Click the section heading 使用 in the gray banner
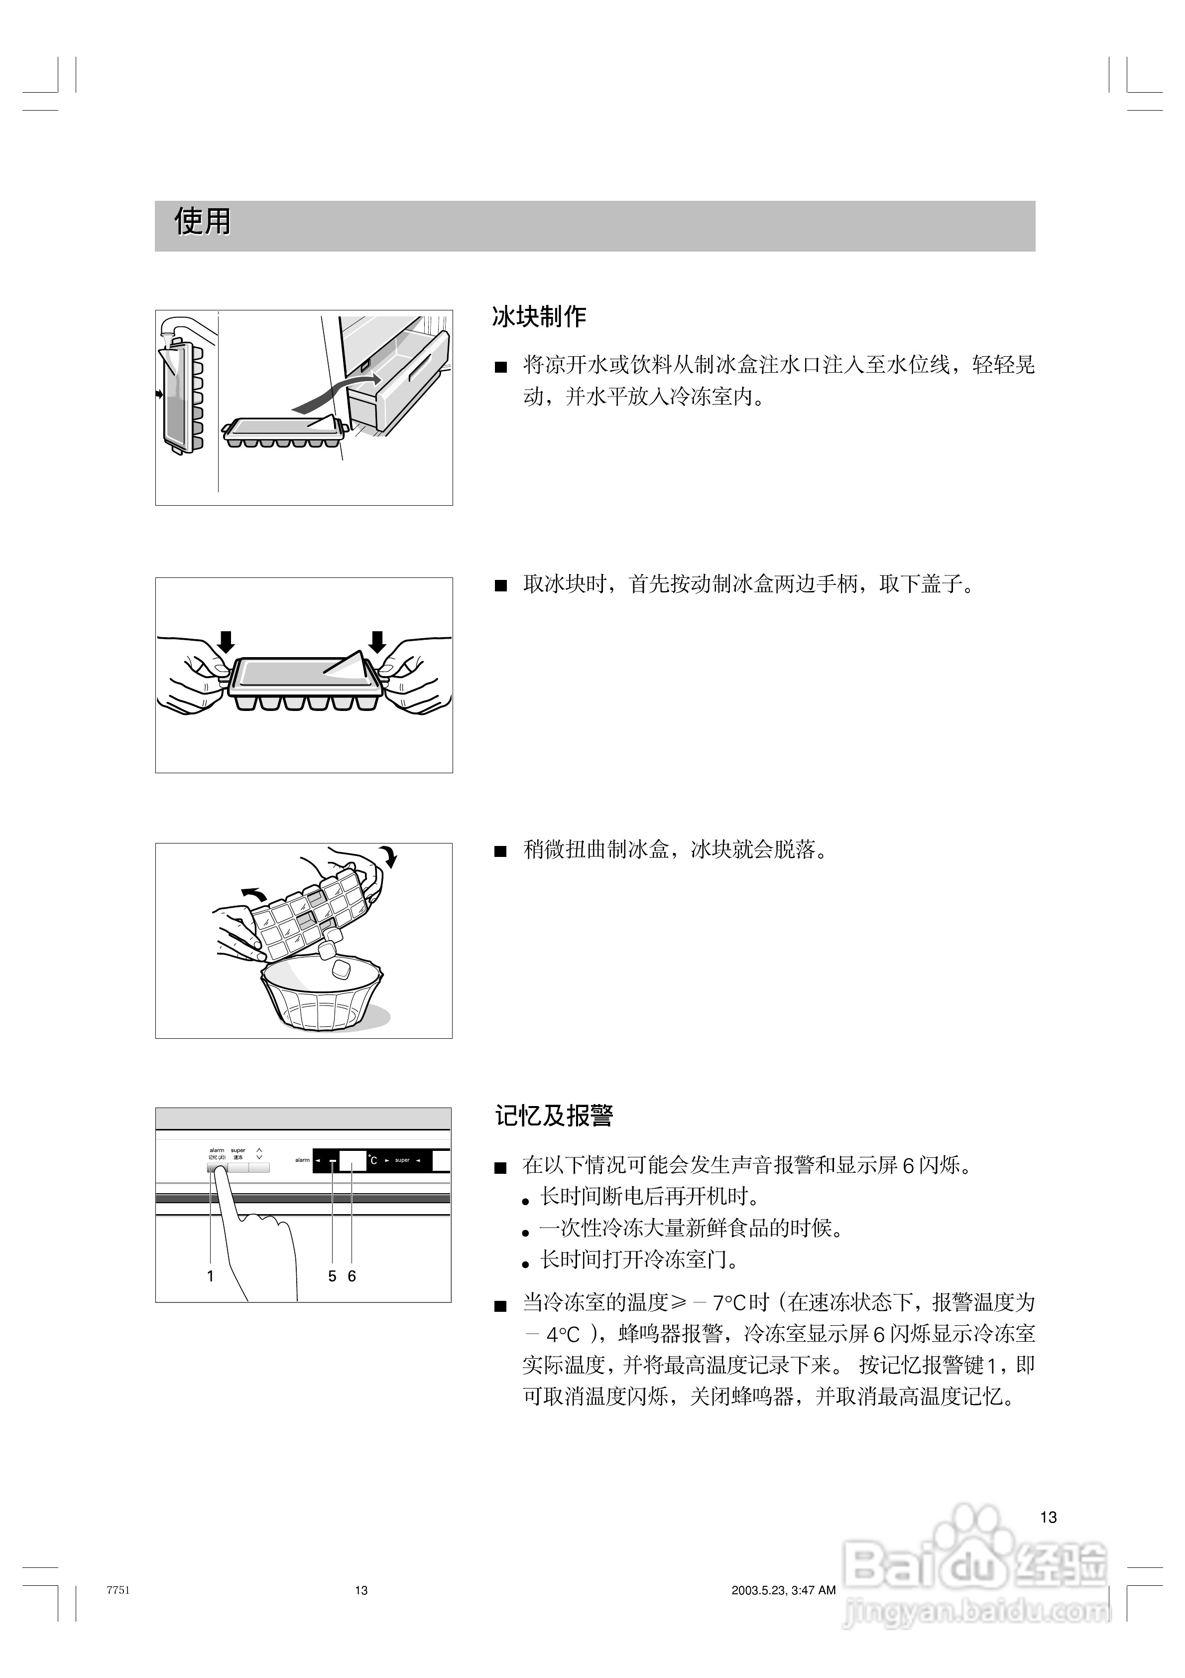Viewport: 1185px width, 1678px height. pos(202,221)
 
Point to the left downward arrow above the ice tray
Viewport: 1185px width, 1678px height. pos(227,642)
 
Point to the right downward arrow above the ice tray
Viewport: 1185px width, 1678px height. pos(377,642)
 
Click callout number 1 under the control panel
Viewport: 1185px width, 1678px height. pos(211,1276)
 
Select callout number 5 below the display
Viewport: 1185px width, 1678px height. pos(332,1276)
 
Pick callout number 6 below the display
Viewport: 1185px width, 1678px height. pos(352,1276)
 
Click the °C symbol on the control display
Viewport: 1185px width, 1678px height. pos(372,1160)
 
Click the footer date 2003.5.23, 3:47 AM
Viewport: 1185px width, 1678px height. pos(783,1590)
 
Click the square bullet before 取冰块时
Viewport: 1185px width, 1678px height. pos(500,586)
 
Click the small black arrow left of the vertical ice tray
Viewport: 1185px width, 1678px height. pos(159,395)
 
